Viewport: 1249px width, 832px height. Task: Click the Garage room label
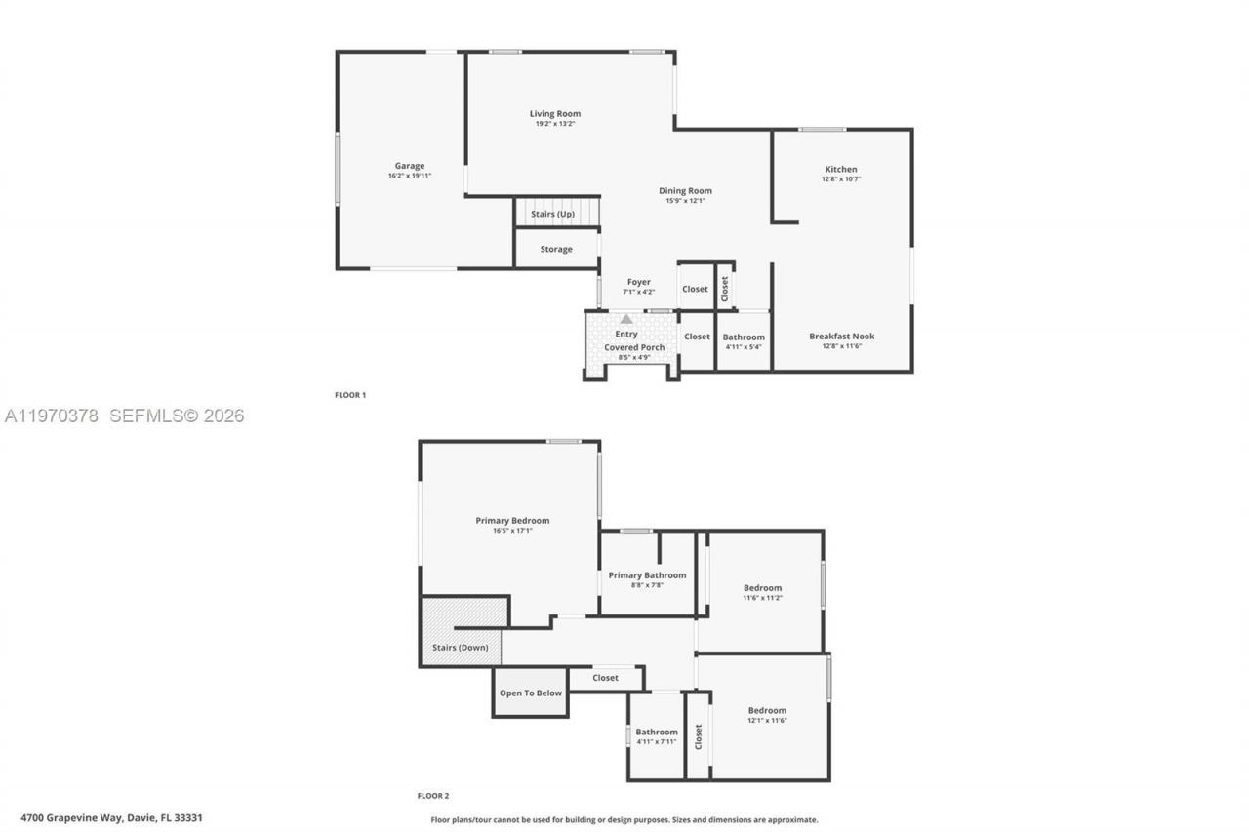click(409, 166)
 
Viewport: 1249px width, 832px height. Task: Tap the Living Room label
click(555, 114)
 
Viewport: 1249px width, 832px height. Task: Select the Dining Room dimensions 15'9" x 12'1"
click(685, 201)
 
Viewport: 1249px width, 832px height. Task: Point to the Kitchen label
click(841, 170)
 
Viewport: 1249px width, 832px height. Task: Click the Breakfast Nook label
click(841, 337)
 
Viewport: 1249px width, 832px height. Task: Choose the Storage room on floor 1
click(556, 249)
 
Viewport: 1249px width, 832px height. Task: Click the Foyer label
click(638, 282)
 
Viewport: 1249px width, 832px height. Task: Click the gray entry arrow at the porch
click(626, 319)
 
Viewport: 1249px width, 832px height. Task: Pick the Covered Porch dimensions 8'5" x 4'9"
click(633, 357)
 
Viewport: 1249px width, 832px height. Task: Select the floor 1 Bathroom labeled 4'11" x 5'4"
click(744, 341)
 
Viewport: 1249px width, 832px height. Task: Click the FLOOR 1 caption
click(350, 395)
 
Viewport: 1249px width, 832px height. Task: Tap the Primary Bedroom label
click(512, 521)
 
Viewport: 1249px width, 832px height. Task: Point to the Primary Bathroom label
click(647, 575)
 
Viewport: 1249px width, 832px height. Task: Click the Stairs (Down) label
click(461, 647)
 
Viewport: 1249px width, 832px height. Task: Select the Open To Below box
click(531, 693)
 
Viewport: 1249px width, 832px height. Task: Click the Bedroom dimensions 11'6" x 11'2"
click(762, 598)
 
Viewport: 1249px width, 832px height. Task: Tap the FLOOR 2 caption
click(433, 796)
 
